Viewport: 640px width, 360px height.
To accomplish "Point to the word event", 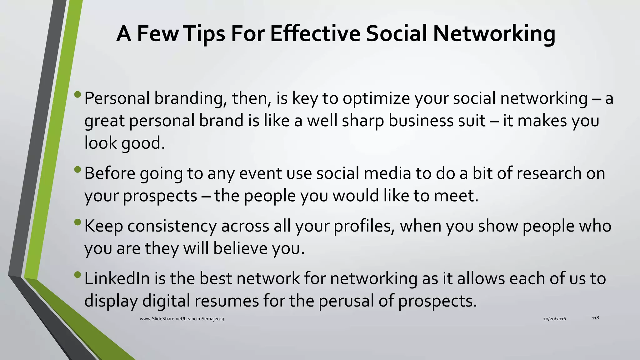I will (259, 173).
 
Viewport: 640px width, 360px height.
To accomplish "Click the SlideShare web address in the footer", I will (182, 319).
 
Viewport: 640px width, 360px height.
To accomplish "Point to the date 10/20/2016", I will (554, 319).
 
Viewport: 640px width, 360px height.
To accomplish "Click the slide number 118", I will (595, 318).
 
